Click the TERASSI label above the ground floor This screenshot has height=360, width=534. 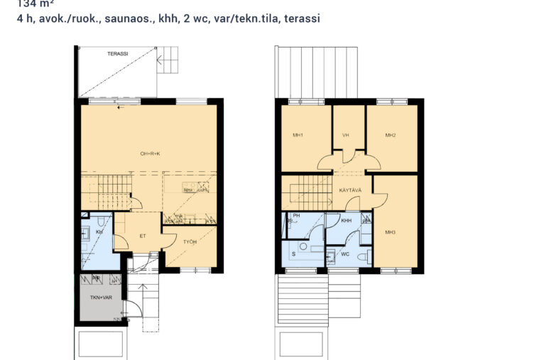[117, 54]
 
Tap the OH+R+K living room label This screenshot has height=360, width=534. [150, 153]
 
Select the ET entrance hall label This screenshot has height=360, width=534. [142, 236]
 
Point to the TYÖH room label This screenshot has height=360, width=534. [190, 242]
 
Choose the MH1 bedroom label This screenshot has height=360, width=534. [298, 135]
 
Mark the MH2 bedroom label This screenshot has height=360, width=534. [390, 135]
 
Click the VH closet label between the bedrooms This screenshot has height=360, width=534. [346, 135]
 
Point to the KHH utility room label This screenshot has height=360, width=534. [347, 221]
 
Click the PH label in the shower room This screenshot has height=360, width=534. [297, 216]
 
